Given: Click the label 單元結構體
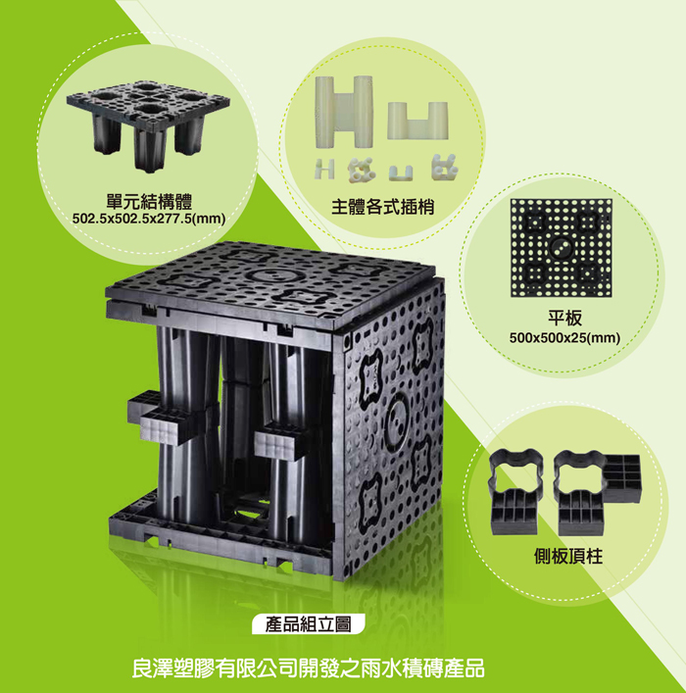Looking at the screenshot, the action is [149, 202].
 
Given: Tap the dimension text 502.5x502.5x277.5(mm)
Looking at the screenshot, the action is [149, 219].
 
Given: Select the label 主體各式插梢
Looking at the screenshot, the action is [383, 207].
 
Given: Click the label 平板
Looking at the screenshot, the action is [564, 318].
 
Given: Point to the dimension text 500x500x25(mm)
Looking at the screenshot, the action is [564, 338].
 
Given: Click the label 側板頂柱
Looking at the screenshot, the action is [568, 556].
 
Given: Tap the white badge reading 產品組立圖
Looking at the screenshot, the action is [309, 624].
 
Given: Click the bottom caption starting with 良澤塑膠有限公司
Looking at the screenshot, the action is [308, 668].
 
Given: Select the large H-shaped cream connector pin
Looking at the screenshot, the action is [344, 112].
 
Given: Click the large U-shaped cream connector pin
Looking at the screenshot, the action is [417, 121].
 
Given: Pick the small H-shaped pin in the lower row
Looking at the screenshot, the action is [324, 170].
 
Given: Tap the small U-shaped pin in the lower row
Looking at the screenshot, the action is [401, 173].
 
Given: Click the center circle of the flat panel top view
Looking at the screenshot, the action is [561, 247].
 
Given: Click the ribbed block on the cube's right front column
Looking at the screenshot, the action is [283, 444].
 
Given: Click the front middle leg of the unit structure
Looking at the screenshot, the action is [149, 148].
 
